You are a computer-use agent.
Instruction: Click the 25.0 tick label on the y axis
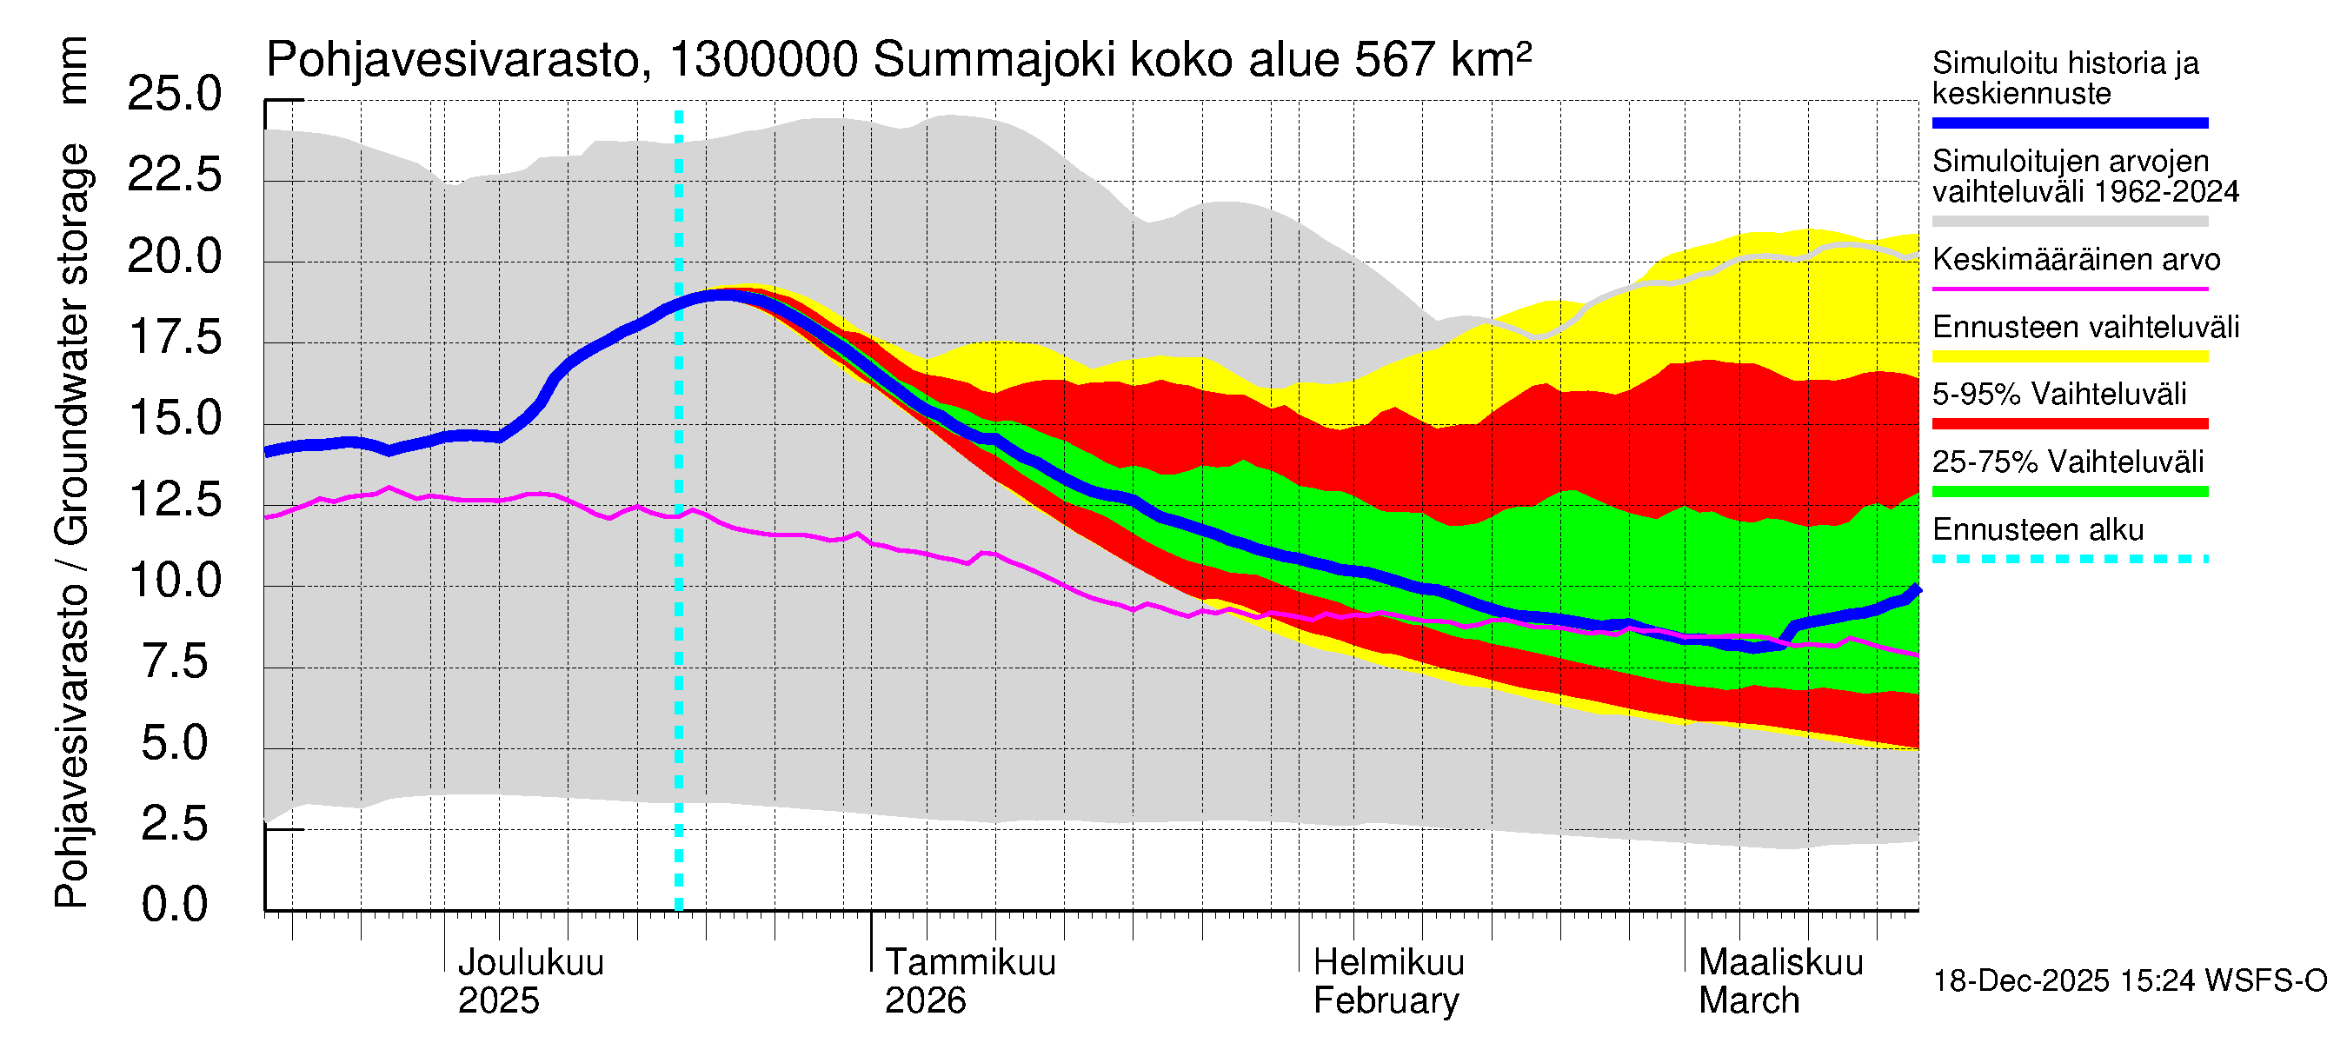coord(174,94)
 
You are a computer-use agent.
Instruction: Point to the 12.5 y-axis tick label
coord(174,499)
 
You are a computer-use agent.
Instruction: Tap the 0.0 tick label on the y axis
coord(174,905)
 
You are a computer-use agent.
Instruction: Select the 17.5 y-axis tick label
coord(174,337)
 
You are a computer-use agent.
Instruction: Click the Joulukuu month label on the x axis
coord(530,963)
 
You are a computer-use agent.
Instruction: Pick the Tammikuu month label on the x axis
coord(970,963)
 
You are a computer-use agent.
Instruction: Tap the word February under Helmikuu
coord(1386,1001)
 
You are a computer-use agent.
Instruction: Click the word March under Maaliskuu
coord(1748,1001)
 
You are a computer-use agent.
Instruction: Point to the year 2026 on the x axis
coord(925,1001)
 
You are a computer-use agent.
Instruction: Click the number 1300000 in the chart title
coord(763,61)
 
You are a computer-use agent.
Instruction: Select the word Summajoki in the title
coord(994,61)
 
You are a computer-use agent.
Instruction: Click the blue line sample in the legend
coord(2069,123)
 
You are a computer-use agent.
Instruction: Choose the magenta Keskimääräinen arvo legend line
coord(2069,289)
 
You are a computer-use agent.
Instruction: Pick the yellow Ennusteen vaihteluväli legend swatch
coord(2069,356)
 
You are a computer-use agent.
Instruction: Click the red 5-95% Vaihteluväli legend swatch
coord(2069,423)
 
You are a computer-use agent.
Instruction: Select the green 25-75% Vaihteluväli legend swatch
coord(2069,492)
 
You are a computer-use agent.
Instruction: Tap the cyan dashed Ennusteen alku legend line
coord(2069,558)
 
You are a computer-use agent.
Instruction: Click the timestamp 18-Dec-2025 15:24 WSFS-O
coord(2129,981)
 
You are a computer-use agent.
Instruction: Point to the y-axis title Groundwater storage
coord(72,346)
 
